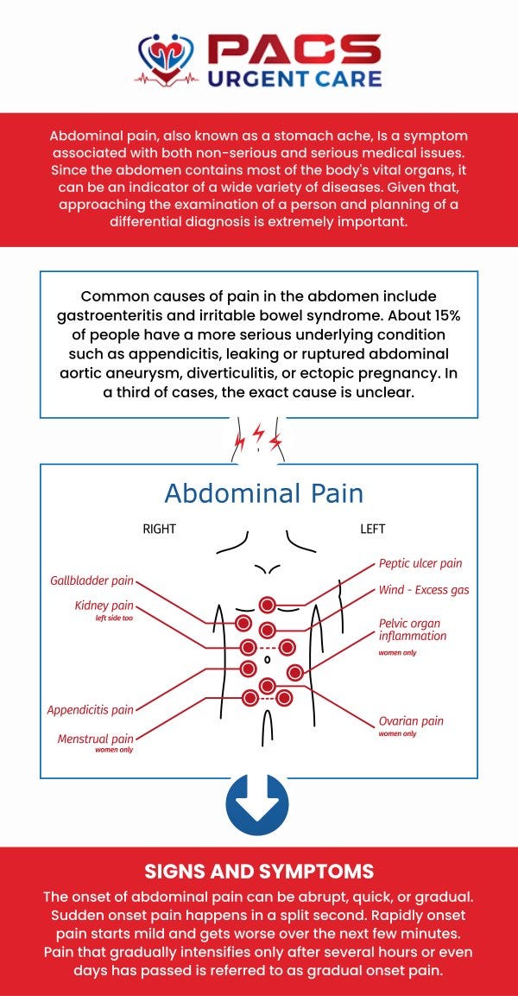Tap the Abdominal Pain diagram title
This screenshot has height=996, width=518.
pyautogui.click(x=263, y=493)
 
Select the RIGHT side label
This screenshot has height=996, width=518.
pyautogui.click(x=160, y=529)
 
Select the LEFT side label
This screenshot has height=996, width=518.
pyautogui.click(x=372, y=529)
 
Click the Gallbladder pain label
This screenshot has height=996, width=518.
pyautogui.click(x=92, y=580)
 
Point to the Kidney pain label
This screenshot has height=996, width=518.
pyautogui.click(x=104, y=606)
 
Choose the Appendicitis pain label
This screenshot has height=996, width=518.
pyautogui.click(x=91, y=710)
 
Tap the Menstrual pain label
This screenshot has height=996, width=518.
pyautogui.click(x=96, y=739)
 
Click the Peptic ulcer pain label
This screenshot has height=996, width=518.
pyautogui.click(x=420, y=563)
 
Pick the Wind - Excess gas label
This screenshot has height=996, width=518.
pyautogui.click(x=424, y=590)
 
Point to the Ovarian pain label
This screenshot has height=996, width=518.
pyautogui.click(x=411, y=721)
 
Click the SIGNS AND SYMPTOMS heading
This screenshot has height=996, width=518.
pyautogui.click(x=259, y=870)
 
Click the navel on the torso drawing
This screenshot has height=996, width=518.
pyautogui.click(x=267, y=659)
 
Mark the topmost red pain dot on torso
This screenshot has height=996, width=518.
pyautogui.click(x=268, y=605)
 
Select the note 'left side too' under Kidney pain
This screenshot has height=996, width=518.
pyautogui.click(x=114, y=619)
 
